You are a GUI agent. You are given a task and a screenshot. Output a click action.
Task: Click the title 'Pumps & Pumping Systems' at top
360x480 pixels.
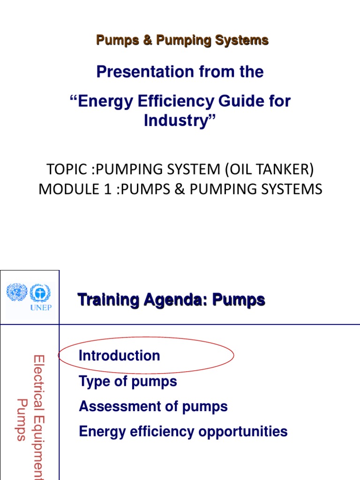tap(182, 40)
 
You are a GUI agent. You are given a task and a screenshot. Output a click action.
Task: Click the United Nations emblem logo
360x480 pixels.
tap(16, 293)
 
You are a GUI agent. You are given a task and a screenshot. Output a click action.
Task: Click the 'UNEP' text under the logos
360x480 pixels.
tap(42, 307)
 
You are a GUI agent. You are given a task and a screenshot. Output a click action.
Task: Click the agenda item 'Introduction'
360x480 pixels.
tap(120, 356)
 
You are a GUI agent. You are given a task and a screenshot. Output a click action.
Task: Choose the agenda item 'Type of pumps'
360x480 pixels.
tap(128, 381)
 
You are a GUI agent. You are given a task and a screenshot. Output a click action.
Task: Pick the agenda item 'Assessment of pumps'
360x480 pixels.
tap(153, 406)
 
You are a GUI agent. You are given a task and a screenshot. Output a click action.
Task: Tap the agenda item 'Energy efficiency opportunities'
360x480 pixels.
tap(183, 431)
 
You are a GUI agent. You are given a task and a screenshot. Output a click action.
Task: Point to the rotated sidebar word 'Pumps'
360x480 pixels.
tap(21, 420)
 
